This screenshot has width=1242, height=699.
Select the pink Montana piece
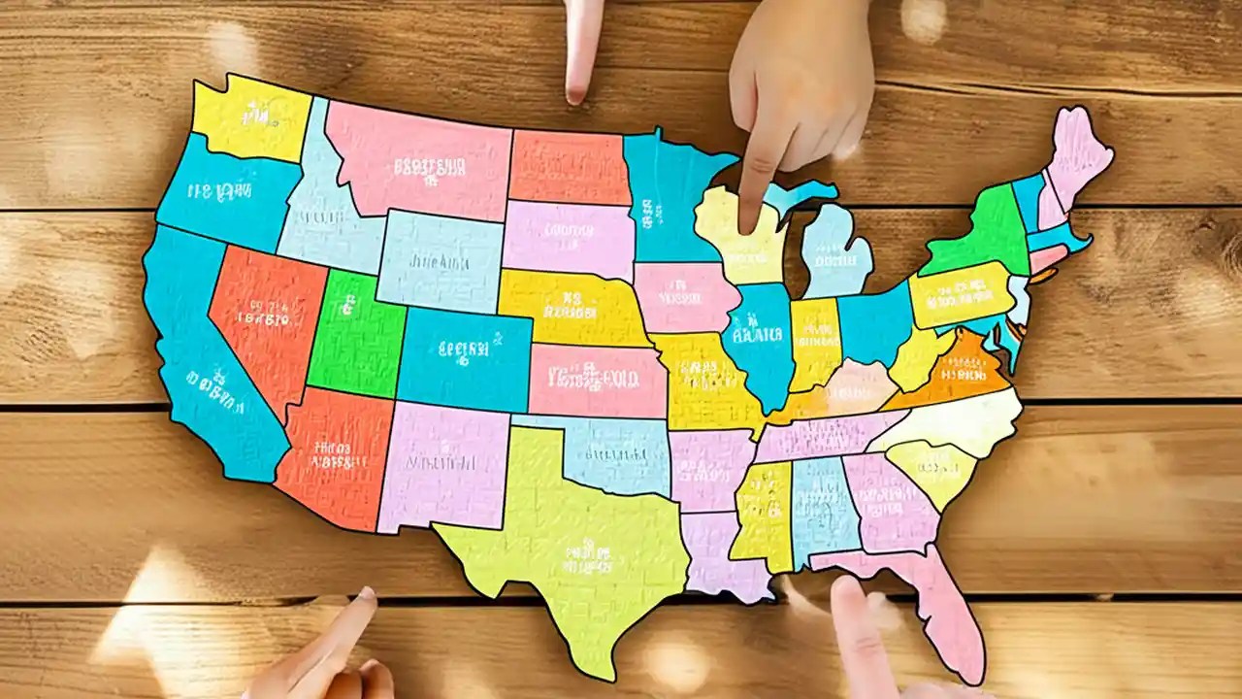pyautogui.click(x=417, y=160)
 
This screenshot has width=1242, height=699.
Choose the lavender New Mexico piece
pyautogui.click(x=441, y=466)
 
